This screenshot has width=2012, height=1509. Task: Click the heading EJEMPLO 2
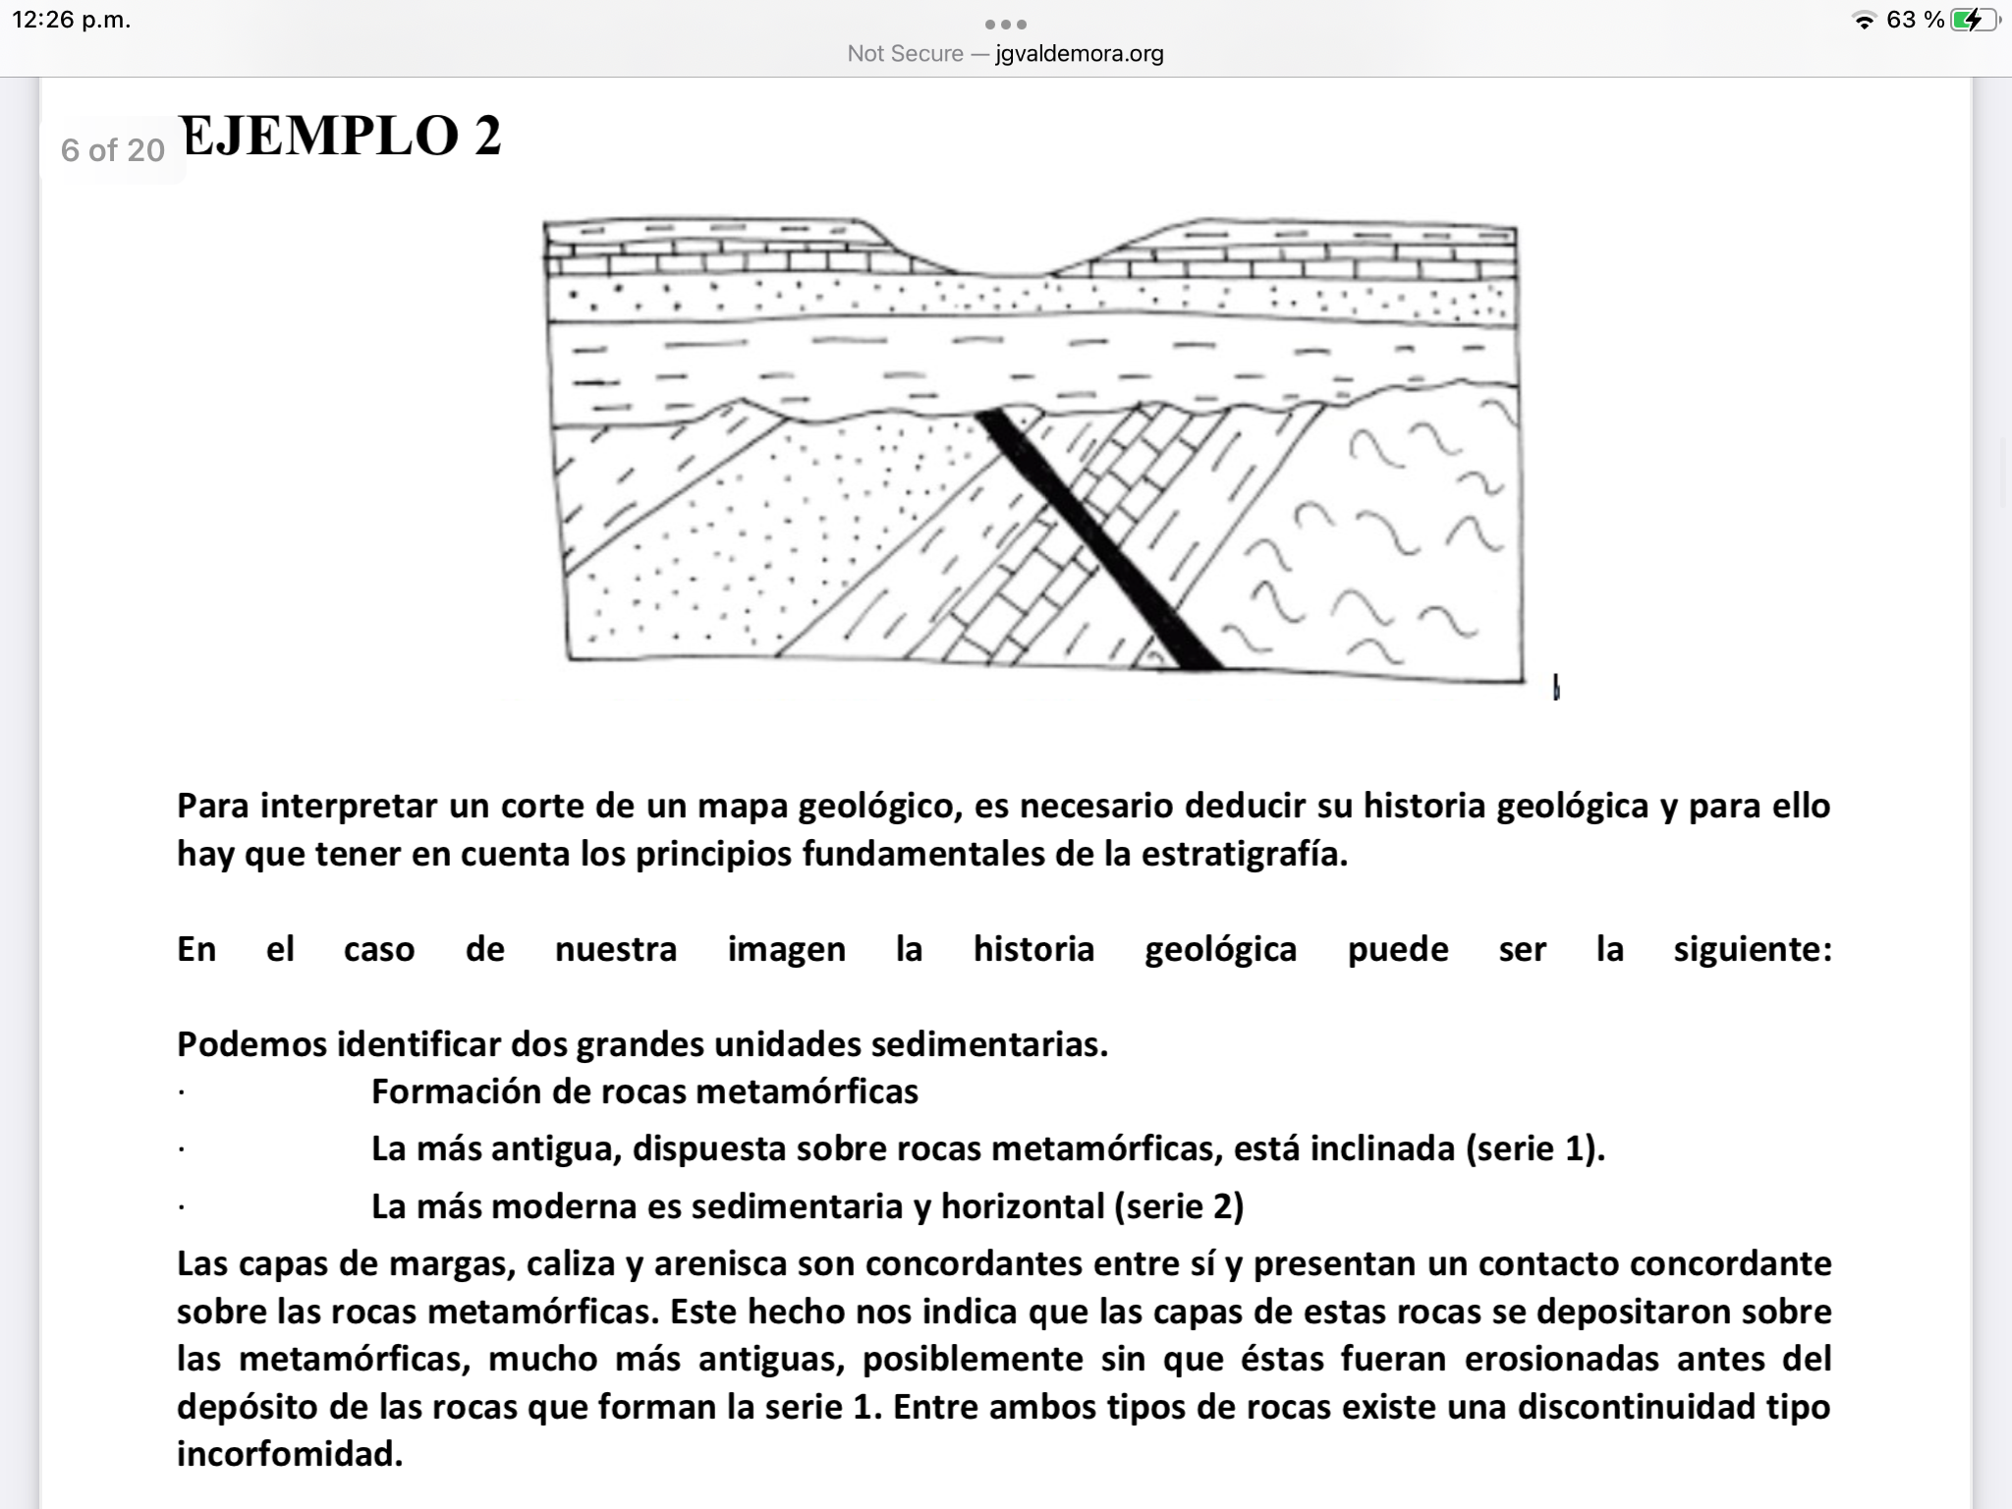pyautogui.click(x=340, y=136)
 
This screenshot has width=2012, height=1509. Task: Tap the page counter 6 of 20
pyautogui.click(x=112, y=150)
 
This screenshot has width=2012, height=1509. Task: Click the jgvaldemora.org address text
pyautogui.click(x=1079, y=54)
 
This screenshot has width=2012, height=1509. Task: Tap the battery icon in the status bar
pyautogui.click(x=1974, y=20)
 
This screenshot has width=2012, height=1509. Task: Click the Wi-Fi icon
pyautogui.click(x=1863, y=21)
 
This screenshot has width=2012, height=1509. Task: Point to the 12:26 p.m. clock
pyautogui.click(x=71, y=20)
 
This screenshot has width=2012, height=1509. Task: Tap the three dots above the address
pyautogui.click(x=1005, y=24)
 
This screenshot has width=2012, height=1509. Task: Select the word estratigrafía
pyautogui.click(x=1244, y=854)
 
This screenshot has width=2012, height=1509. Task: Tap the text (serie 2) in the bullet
pyautogui.click(x=1178, y=1205)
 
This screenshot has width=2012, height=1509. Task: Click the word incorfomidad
pyautogui.click(x=290, y=1453)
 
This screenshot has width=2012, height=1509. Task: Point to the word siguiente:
pyautogui.click(x=1752, y=949)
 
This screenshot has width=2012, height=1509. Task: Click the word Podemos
pyautogui.click(x=251, y=1043)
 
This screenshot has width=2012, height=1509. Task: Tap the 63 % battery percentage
pyautogui.click(x=1915, y=20)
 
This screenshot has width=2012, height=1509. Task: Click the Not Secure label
pyautogui.click(x=905, y=54)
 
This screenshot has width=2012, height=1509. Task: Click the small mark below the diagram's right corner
pyautogui.click(x=1556, y=688)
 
